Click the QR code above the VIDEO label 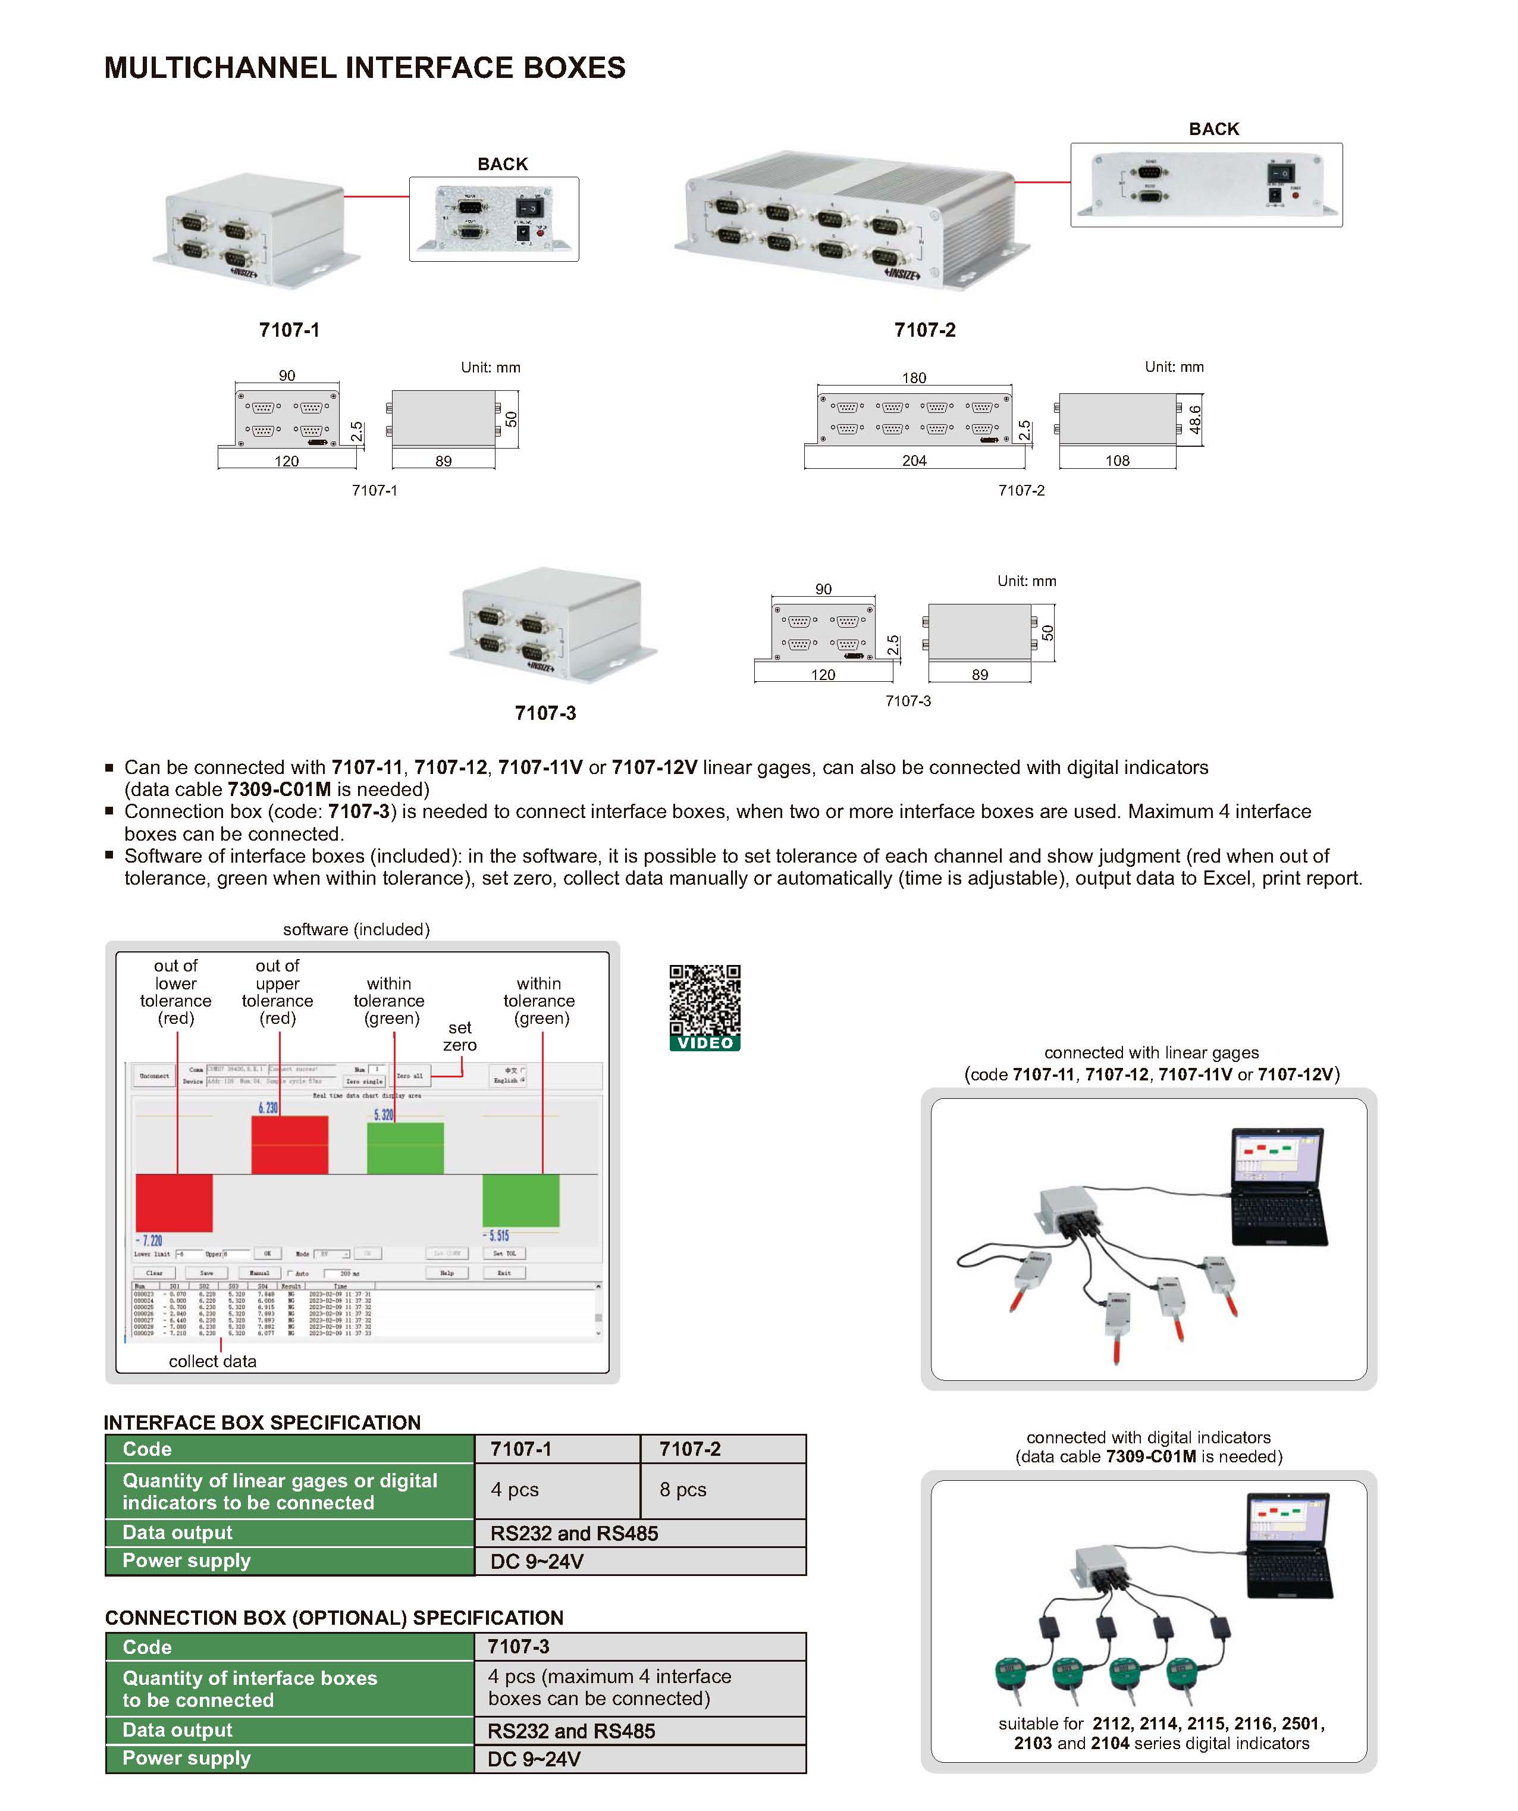click(704, 1000)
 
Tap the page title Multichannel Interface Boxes click(365, 67)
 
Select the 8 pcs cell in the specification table click(683, 1489)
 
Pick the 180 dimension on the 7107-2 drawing click(914, 378)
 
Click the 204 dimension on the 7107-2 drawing click(914, 460)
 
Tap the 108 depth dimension click(1117, 460)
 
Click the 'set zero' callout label click(459, 1036)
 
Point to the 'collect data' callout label click(212, 1361)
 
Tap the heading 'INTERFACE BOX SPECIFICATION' click(262, 1422)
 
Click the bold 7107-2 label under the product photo click(924, 330)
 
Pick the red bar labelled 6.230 click(290, 1145)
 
